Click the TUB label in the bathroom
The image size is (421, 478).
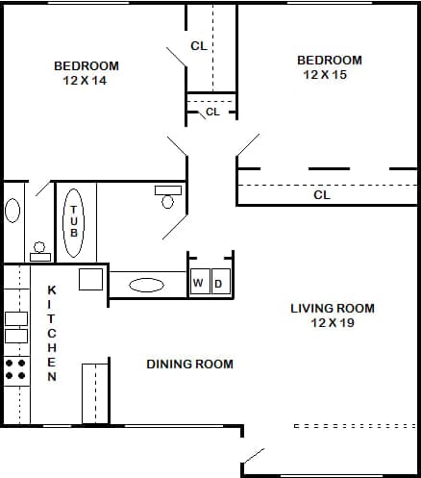[x=74, y=224]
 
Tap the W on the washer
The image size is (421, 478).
[x=198, y=283]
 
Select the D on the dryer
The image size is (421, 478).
[x=217, y=283]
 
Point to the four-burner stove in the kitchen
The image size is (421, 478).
[x=15, y=369]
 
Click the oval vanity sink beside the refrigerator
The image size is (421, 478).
[x=146, y=285]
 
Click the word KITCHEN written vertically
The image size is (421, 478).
[x=52, y=333]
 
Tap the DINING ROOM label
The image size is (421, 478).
[x=189, y=364]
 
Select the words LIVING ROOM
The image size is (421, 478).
[x=333, y=309]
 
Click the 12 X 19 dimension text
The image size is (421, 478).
[x=333, y=323]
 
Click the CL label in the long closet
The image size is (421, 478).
[x=322, y=194]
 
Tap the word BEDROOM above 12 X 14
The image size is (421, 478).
[x=87, y=65]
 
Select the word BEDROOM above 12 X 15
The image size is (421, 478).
[x=330, y=60]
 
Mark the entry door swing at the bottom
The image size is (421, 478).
[x=255, y=455]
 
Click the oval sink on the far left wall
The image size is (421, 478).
[x=12, y=210]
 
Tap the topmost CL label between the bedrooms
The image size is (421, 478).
[x=199, y=45]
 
